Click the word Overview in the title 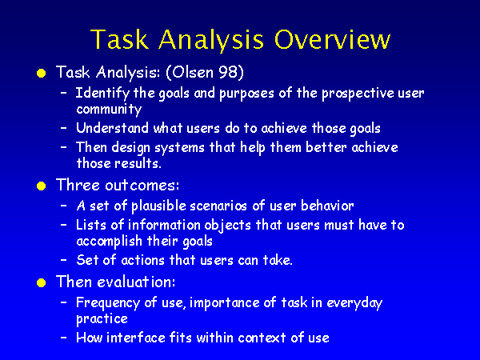click(x=332, y=39)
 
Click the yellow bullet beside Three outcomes click(x=41, y=186)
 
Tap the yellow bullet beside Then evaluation click(x=41, y=282)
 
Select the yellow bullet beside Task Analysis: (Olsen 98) click(x=41, y=73)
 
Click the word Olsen click(x=193, y=72)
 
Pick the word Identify click(x=102, y=94)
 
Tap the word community click(x=109, y=110)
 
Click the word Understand click(x=112, y=128)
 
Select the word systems click(x=179, y=148)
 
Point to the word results click(x=138, y=163)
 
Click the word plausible click(x=158, y=206)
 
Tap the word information click(x=164, y=225)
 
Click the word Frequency click(x=108, y=303)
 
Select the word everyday click(x=354, y=303)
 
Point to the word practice click(x=102, y=319)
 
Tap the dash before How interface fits click(x=64, y=338)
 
